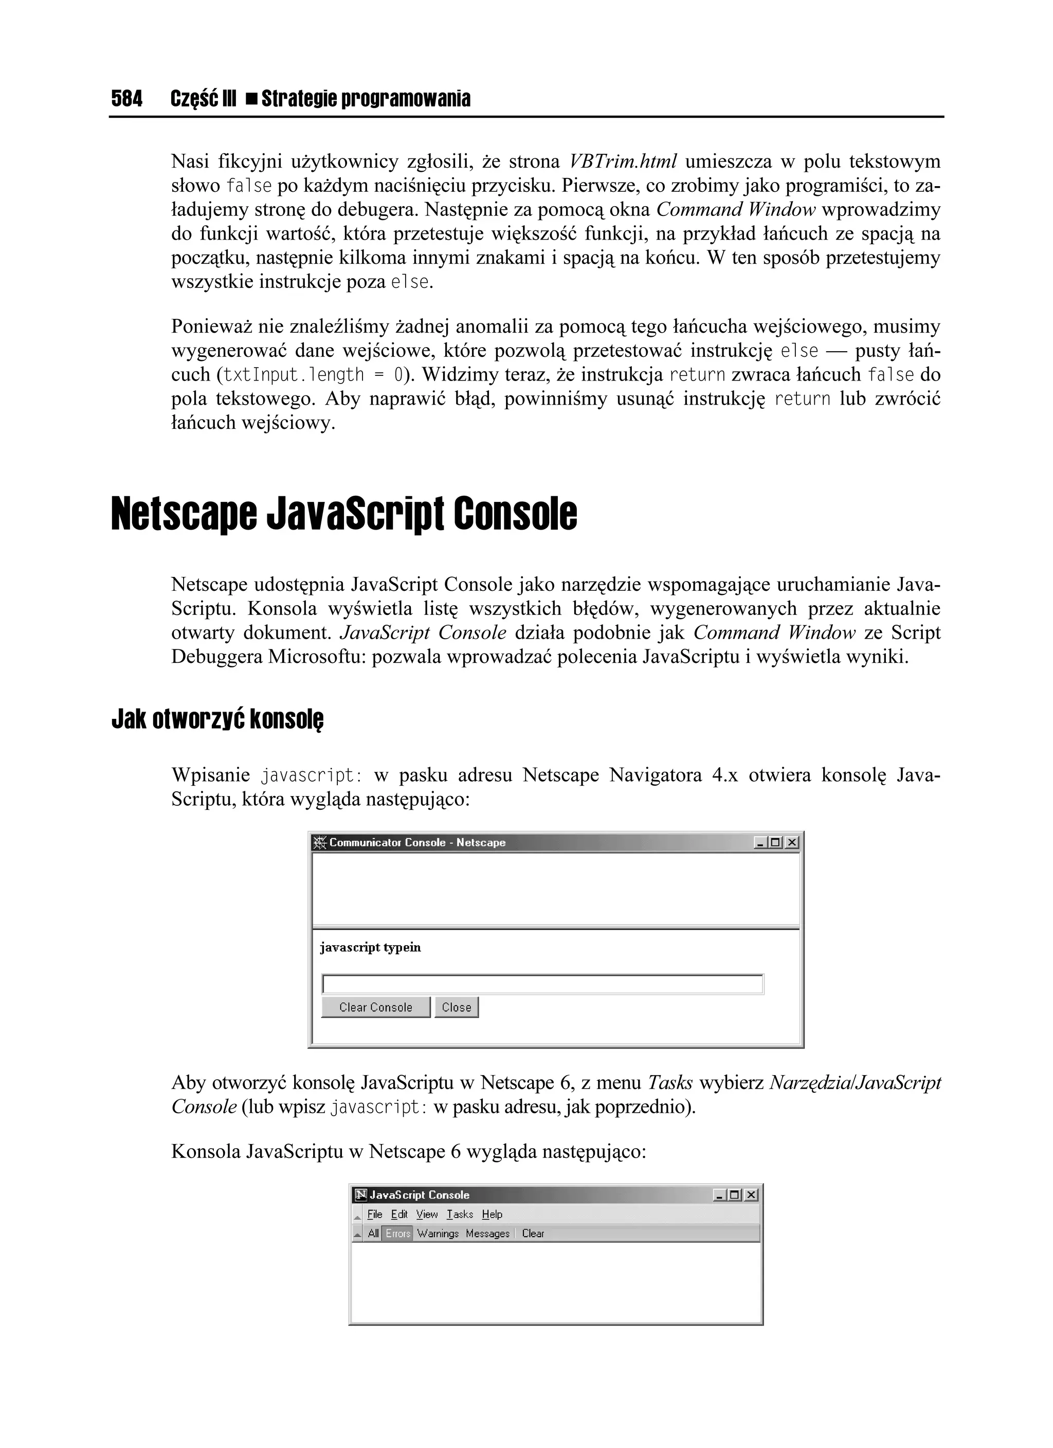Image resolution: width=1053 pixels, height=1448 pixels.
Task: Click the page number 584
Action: pyautogui.click(x=126, y=99)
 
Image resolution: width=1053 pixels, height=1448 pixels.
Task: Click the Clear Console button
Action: pyautogui.click(x=375, y=1007)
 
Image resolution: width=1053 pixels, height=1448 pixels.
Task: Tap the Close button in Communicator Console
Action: pyautogui.click(x=456, y=1007)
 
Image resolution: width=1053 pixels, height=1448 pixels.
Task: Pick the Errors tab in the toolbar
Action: pyautogui.click(x=397, y=1234)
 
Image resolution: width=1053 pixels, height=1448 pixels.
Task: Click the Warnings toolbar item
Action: pyautogui.click(x=438, y=1234)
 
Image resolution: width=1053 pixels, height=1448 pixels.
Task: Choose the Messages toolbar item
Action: pyautogui.click(x=487, y=1234)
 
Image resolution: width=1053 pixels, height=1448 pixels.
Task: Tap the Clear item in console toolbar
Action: pyautogui.click(x=533, y=1234)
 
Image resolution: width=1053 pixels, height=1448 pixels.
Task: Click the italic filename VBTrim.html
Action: pyautogui.click(x=623, y=161)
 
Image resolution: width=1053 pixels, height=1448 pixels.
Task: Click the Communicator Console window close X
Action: pyautogui.click(x=791, y=843)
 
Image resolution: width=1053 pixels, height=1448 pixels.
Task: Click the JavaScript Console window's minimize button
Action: pyautogui.click(x=720, y=1195)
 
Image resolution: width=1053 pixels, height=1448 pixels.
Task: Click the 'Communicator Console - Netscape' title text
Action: pyautogui.click(x=417, y=843)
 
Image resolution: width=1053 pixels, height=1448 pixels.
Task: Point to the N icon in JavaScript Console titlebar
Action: pyautogui.click(x=361, y=1195)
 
